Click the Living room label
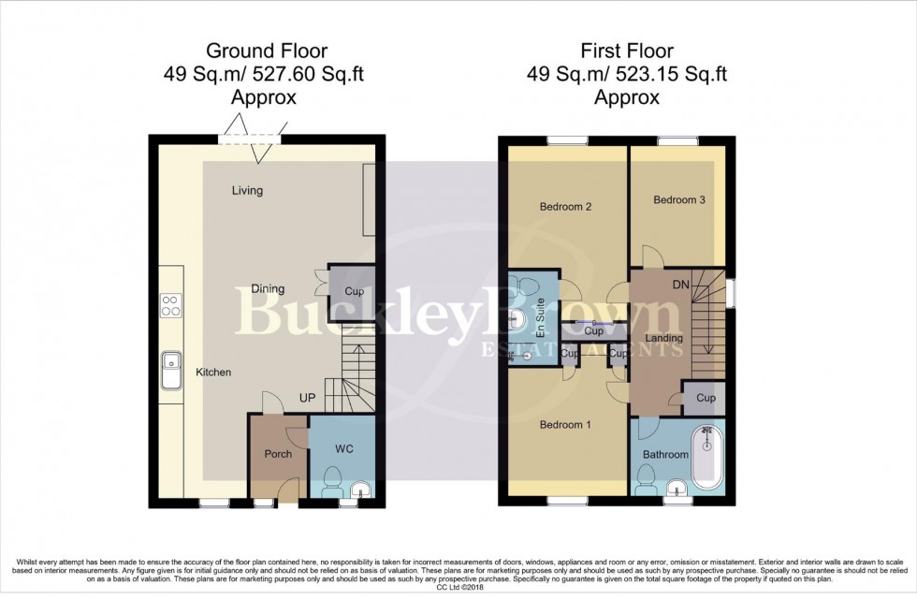(248, 191)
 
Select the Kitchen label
(213, 373)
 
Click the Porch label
(278, 454)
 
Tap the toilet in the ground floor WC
(332, 486)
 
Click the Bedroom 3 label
(677, 200)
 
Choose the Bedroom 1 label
(565, 425)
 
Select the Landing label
(663, 338)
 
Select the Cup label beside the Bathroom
(705, 398)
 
